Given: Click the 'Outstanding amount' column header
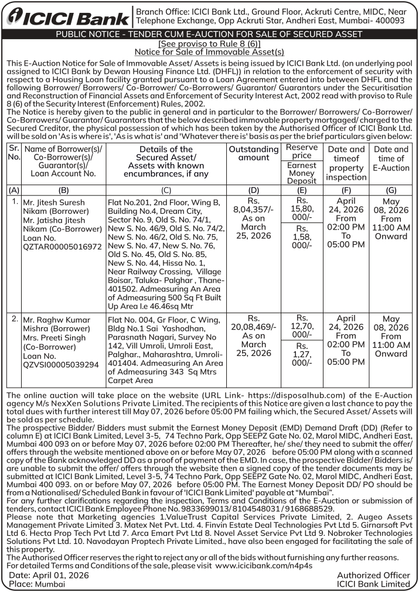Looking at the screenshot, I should (x=254, y=153).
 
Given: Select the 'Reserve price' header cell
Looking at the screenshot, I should (x=302, y=150).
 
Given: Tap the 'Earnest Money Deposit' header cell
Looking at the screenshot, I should (x=302, y=173).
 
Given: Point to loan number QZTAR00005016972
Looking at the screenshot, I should (x=62, y=247).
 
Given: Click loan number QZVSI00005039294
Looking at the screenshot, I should (x=61, y=364).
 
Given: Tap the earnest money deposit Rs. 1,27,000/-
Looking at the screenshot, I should (x=302, y=354).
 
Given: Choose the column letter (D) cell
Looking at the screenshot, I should (x=254, y=190).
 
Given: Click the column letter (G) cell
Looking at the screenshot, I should (x=391, y=190).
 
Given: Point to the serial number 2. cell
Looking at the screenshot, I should (x=15, y=319).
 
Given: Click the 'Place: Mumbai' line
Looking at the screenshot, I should (x=36, y=584).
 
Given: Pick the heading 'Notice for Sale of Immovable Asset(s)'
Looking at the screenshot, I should (x=209, y=52).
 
